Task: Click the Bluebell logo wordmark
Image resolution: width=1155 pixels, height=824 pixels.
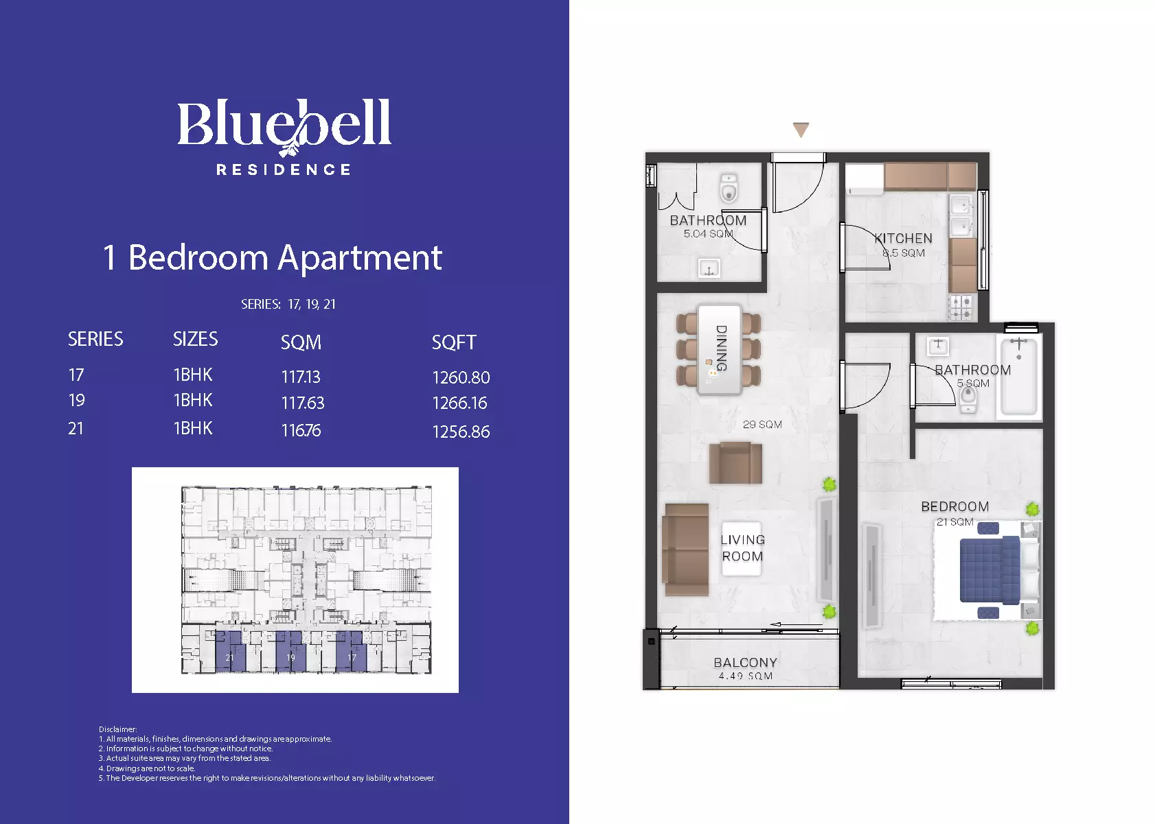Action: coord(284,126)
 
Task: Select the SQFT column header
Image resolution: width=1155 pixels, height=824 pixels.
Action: coord(454,342)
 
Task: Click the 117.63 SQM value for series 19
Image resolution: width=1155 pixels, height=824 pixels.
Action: coord(303,403)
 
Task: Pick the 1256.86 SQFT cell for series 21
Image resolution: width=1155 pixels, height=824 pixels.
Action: coord(461,432)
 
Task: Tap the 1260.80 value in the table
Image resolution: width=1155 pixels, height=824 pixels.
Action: coord(461,377)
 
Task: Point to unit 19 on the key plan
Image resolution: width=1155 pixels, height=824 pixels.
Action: coord(291,652)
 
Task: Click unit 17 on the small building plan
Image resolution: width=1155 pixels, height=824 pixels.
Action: coord(352,652)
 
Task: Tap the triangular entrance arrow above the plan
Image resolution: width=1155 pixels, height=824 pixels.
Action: coord(801,130)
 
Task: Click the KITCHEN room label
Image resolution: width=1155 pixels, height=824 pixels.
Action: coord(904,238)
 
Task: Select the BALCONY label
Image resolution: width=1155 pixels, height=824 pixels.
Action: coord(745,662)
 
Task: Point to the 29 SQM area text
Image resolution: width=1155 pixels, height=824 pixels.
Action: coord(762,424)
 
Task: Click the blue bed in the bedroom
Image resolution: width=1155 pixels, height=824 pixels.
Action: coord(990,569)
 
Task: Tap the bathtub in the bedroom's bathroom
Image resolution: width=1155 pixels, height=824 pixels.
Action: coord(1019,375)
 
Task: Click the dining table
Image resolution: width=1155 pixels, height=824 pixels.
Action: coord(719,350)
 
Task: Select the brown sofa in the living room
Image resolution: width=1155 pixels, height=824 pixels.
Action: coord(687,550)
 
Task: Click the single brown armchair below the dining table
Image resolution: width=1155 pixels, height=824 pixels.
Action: coord(735,462)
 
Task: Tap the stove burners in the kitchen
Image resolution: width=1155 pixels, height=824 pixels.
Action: coord(961,307)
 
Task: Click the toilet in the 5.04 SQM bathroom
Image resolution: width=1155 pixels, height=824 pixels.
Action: coord(729,189)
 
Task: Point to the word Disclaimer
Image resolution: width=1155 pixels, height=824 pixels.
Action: coord(117,729)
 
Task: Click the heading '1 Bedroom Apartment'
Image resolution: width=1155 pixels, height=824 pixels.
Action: coord(272,257)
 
